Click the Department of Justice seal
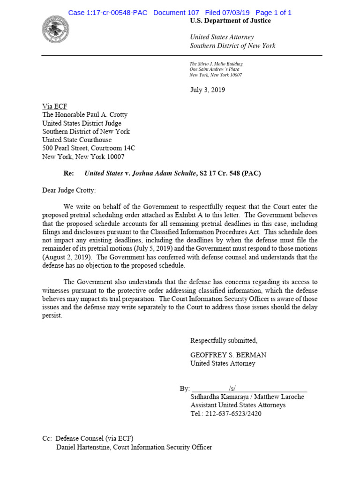pyautogui.click(x=55, y=30)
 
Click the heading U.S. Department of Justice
pyautogui.click(x=230, y=21)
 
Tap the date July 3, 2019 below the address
pyautogui.click(x=207, y=90)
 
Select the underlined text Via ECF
pyautogui.click(x=54, y=107)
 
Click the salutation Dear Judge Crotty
pyautogui.click(x=68, y=190)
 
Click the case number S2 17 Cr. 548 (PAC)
pyautogui.click(x=230, y=173)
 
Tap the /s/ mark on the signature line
pyautogui.click(x=232, y=389)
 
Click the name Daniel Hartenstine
pyautogui.click(x=85, y=447)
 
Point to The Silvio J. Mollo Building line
pyautogui.click(x=216, y=64)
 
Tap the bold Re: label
pyautogui.click(x=68, y=173)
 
